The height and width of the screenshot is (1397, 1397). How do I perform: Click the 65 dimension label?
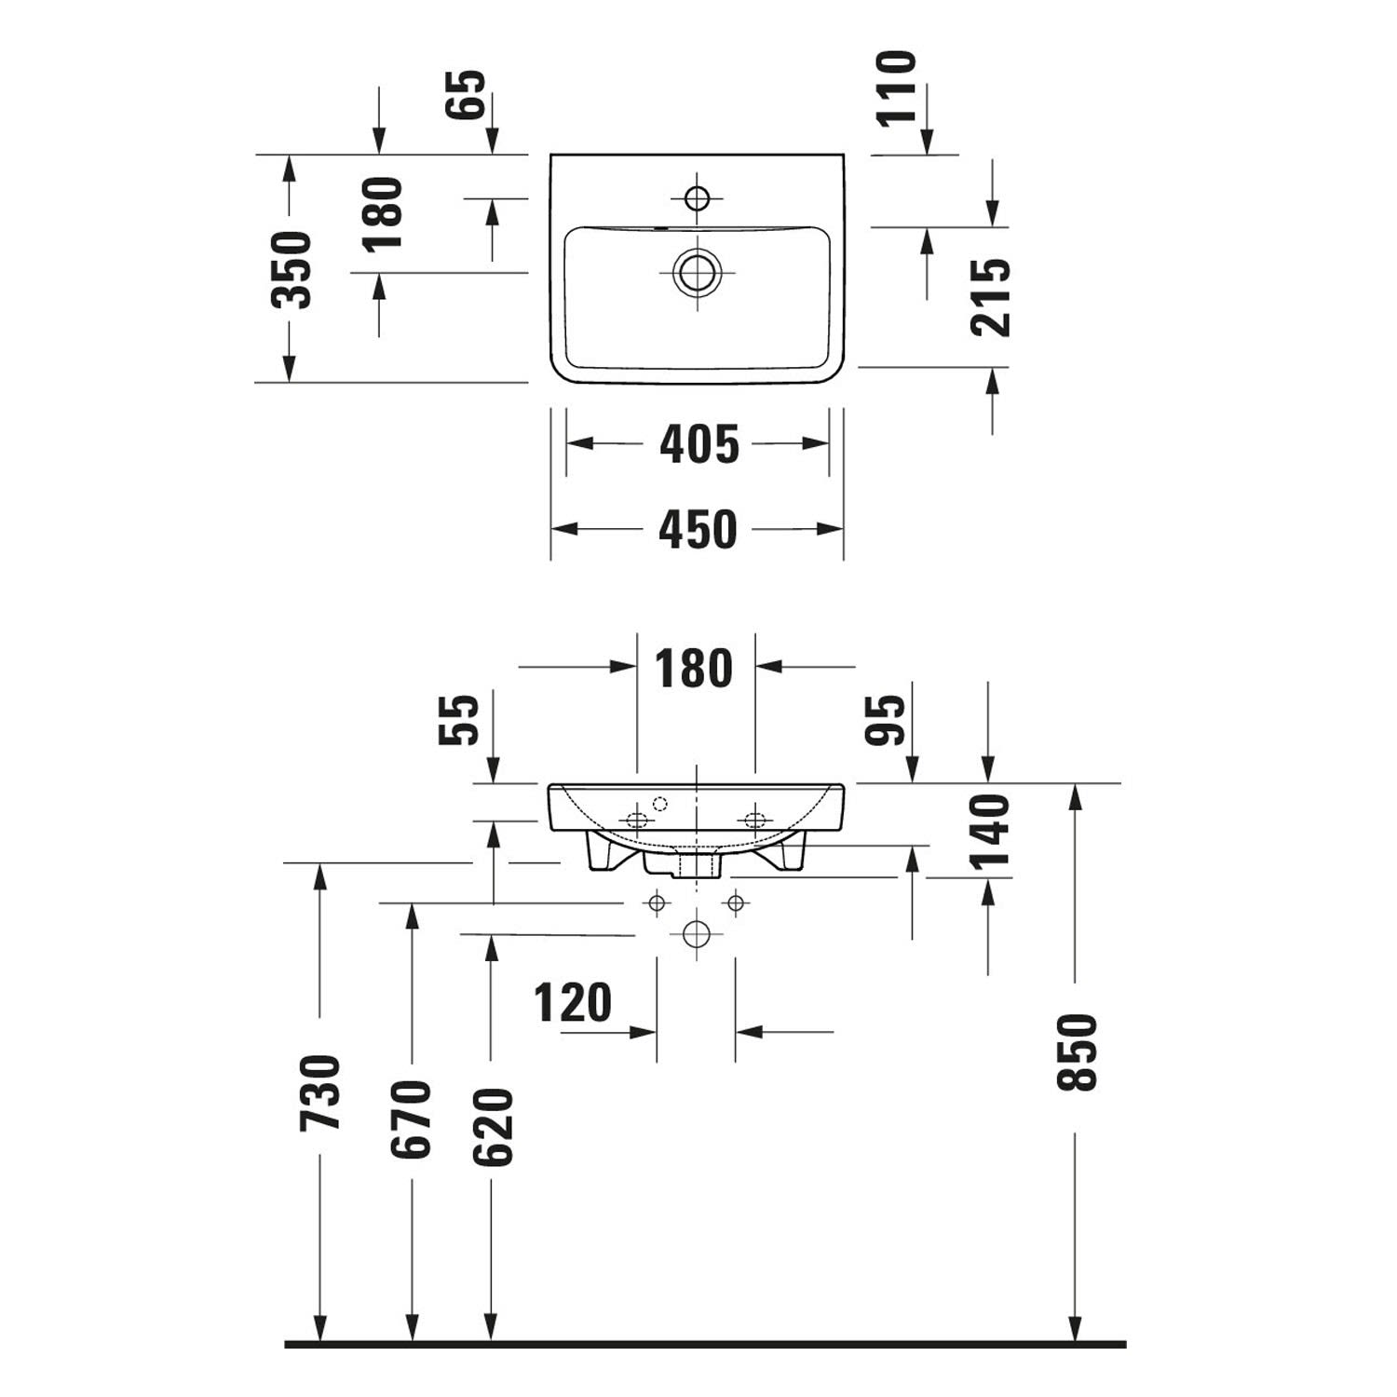(x=467, y=94)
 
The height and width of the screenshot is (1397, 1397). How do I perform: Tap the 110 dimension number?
(x=898, y=88)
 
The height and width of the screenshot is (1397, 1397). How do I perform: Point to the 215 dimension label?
(x=990, y=297)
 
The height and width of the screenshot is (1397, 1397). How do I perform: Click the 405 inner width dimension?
(x=698, y=444)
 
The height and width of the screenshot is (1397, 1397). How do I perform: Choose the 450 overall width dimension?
(x=698, y=530)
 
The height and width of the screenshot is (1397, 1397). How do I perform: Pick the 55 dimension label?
(x=459, y=719)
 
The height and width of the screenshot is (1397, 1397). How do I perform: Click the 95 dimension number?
(x=886, y=720)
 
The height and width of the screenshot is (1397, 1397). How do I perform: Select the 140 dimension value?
(x=989, y=832)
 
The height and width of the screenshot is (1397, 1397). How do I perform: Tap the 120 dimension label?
(x=573, y=1003)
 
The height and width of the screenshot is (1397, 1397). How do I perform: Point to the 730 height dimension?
(x=320, y=1092)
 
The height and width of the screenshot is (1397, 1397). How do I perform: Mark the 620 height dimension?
(x=493, y=1127)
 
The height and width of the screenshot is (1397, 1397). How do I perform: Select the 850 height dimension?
(x=1078, y=1052)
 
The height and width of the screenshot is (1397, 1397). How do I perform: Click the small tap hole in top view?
(x=697, y=198)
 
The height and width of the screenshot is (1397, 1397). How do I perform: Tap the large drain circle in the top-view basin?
(x=697, y=273)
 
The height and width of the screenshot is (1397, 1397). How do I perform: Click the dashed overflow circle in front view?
(x=660, y=804)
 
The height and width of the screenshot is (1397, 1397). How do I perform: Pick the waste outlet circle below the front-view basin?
(x=697, y=934)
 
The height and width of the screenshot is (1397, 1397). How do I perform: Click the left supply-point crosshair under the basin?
(x=658, y=902)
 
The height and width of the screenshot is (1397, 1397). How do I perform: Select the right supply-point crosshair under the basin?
(x=736, y=902)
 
